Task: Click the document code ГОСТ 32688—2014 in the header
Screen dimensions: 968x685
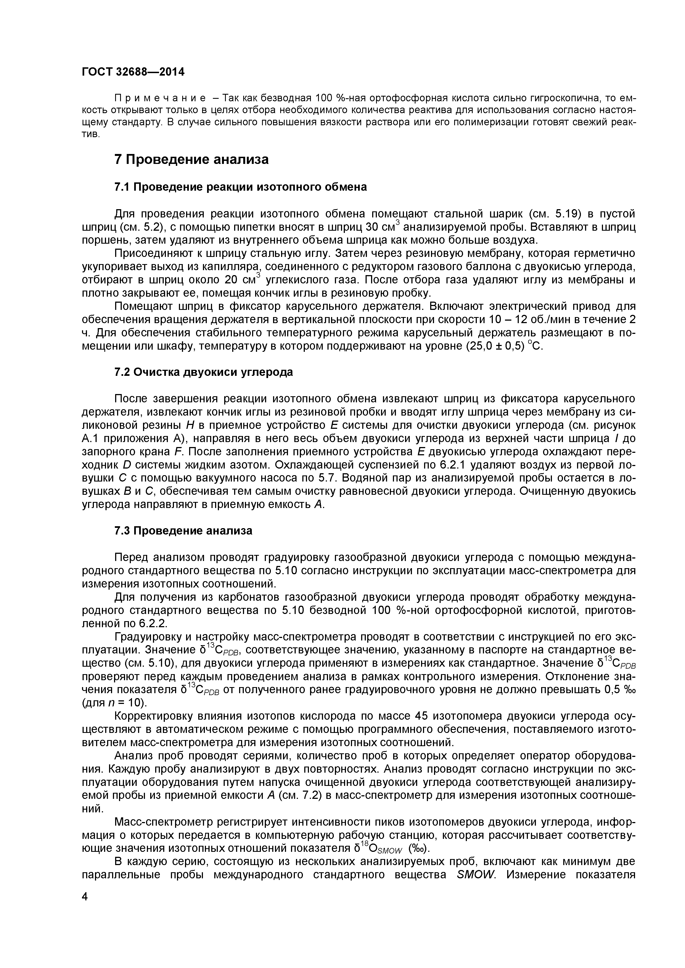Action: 133,72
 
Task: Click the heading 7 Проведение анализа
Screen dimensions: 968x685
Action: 192,160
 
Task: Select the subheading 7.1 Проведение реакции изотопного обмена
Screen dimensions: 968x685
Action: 240,187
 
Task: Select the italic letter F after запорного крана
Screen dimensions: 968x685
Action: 178,452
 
